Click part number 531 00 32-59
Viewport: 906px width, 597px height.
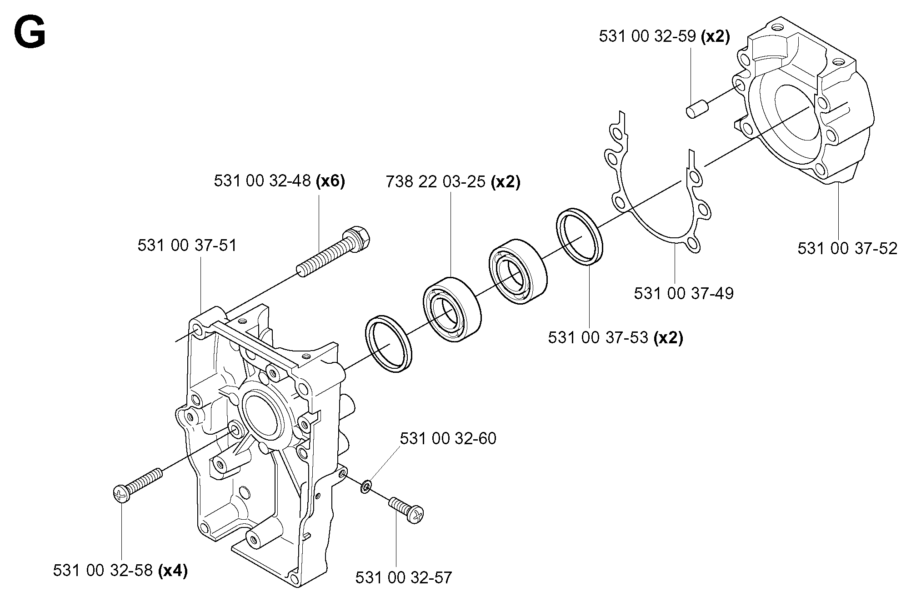click(647, 36)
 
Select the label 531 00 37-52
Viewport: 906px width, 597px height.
click(847, 248)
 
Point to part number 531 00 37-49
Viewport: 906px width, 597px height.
click(684, 293)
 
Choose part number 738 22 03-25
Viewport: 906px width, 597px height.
click(436, 182)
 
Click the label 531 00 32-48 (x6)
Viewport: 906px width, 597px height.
click(280, 181)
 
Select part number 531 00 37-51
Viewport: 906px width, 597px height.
click(187, 246)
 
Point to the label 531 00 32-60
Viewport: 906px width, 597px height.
click(448, 438)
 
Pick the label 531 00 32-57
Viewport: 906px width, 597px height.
click(404, 577)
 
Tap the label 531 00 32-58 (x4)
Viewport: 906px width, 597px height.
click(120, 570)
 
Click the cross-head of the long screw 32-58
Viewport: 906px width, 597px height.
click(120, 493)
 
